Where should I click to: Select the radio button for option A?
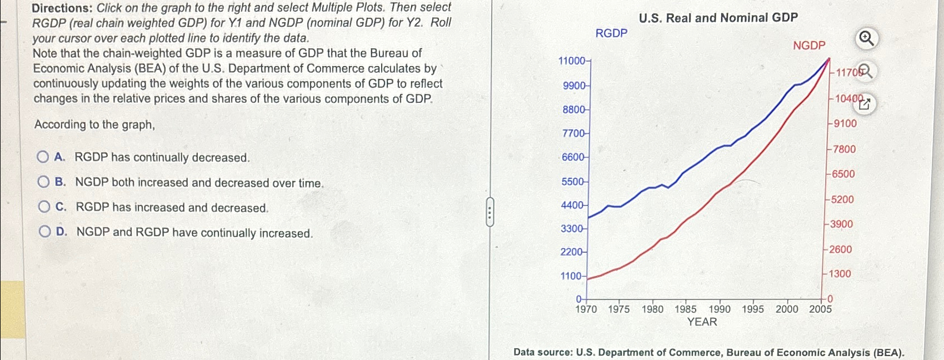tap(43, 157)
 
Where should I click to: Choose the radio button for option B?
tap(44, 182)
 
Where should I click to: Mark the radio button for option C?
tap(44, 207)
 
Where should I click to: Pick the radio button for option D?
tap(45, 232)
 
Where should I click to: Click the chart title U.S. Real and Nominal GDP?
tap(718, 18)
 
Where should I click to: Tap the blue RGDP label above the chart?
tap(611, 33)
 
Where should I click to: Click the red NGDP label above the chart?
tap(809, 46)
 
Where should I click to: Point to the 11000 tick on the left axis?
tap(573, 61)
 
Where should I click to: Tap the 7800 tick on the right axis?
tap(843, 149)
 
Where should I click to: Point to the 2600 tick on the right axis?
tap(840, 249)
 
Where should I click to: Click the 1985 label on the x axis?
tap(686, 309)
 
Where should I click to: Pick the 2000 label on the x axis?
tap(787, 309)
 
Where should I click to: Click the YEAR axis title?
tap(702, 322)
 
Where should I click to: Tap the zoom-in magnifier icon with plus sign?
tap(866, 38)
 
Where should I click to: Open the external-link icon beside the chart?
tap(865, 103)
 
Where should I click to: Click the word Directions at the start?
tap(61, 8)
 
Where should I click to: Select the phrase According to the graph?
tap(94, 124)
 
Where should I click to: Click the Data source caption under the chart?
tap(709, 353)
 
